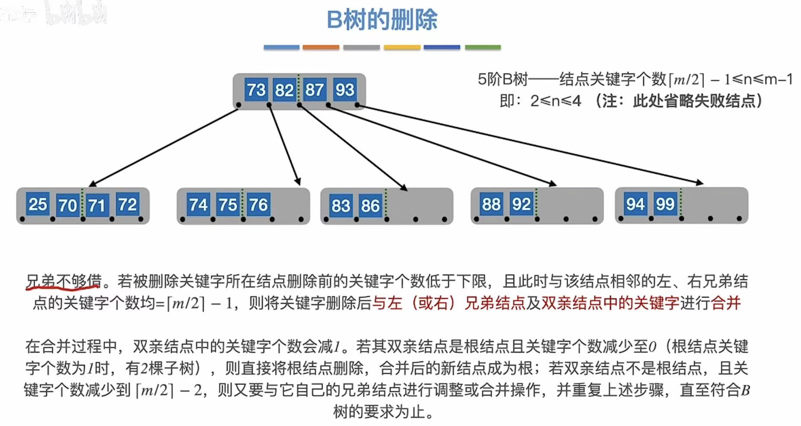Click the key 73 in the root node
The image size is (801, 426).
256,90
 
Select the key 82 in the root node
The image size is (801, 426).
284,90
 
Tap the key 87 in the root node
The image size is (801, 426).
314,90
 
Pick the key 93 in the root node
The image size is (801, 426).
345,90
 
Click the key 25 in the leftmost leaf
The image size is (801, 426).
38,204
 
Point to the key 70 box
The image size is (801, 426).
67,205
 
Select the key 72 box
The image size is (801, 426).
128,204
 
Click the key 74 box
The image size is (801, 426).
198,205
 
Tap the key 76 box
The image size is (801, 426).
258,205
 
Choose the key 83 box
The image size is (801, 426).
341,205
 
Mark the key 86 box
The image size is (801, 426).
370,205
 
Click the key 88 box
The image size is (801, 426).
491,204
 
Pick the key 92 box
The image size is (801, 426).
521,204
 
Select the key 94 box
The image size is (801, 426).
635,204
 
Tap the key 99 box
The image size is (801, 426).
665,204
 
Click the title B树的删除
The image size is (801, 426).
382,20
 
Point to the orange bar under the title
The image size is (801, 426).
321,47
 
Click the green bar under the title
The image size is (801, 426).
483,47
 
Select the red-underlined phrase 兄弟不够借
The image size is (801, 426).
63,282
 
